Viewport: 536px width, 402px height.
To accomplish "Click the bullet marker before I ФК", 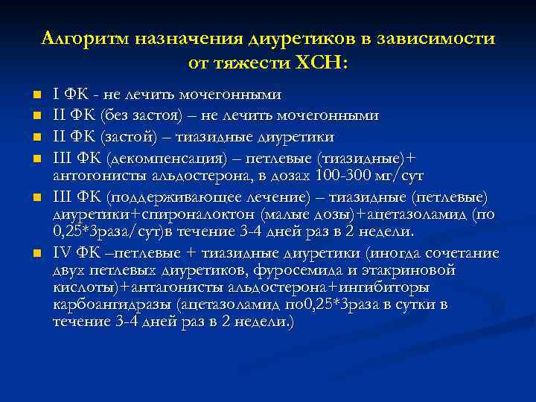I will coord(35,95).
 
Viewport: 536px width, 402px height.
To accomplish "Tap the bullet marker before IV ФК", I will coord(35,252).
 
